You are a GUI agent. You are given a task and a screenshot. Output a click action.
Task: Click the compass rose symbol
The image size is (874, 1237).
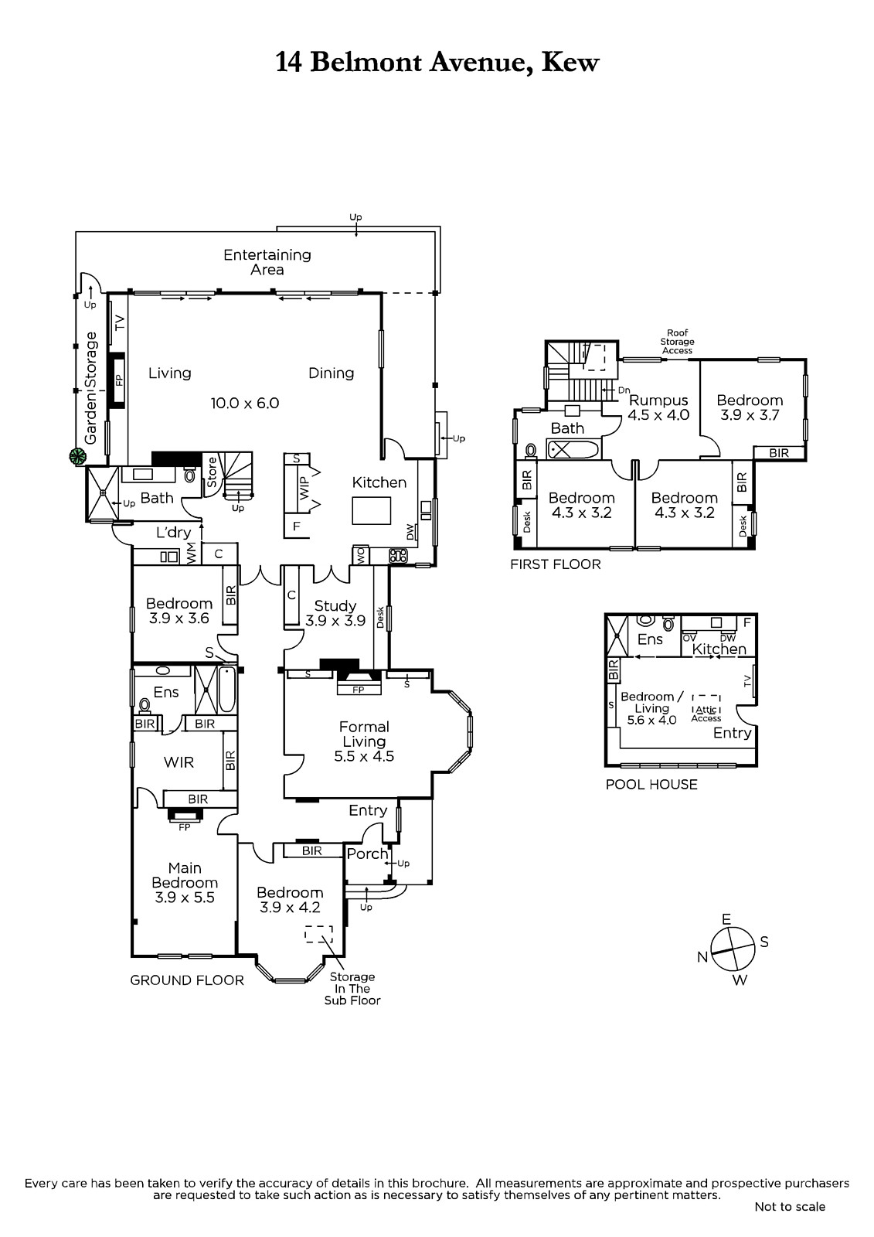[732, 949]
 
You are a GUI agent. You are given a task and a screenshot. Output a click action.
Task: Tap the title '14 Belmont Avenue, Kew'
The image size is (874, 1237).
[437, 63]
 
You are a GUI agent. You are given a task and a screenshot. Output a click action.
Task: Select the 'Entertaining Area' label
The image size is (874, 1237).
[267, 262]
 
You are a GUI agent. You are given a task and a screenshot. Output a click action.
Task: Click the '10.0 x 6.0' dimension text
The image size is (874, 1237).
[245, 403]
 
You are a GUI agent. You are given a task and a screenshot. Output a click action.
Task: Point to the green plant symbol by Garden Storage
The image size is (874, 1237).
[78, 456]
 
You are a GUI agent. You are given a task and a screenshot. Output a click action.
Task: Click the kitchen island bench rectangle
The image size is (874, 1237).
[372, 510]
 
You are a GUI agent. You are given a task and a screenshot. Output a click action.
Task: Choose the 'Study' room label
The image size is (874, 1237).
[335, 606]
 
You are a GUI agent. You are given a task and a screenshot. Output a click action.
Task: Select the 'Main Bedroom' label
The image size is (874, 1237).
[185, 875]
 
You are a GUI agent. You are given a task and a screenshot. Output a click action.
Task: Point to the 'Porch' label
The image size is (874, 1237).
[367, 854]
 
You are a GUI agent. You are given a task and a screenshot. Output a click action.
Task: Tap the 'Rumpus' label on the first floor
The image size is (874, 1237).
[658, 400]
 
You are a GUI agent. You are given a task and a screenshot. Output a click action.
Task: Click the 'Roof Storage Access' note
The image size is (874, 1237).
[677, 341]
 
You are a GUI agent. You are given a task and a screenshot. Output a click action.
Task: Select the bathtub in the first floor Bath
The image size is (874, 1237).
[573, 449]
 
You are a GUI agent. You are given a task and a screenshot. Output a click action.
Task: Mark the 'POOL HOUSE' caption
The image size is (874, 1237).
[651, 784]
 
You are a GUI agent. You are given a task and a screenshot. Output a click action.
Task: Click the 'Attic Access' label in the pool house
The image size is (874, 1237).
[706, 714]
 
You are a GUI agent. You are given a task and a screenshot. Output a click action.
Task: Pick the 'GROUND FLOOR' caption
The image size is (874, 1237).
[186, 980]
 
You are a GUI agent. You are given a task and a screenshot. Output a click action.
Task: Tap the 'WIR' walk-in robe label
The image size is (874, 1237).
[179, 762]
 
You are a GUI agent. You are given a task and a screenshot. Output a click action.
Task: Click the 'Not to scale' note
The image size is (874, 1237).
[790, 1207]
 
